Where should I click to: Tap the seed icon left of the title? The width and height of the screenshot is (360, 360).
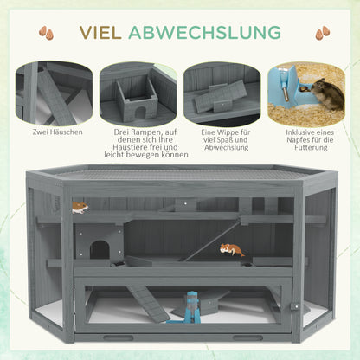pyautogui.click(x=42, y=33)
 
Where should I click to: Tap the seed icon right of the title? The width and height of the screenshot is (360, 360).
pyautogui.click(x=322, y=33)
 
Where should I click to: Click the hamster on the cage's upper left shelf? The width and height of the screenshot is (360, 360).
pyautogui.click(x=80, y=208)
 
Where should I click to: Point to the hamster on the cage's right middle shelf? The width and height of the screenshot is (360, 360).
pyautogui.click(x=231, y=251)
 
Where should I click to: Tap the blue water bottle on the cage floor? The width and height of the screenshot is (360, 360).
pyautogui.click(x=190, y=305)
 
